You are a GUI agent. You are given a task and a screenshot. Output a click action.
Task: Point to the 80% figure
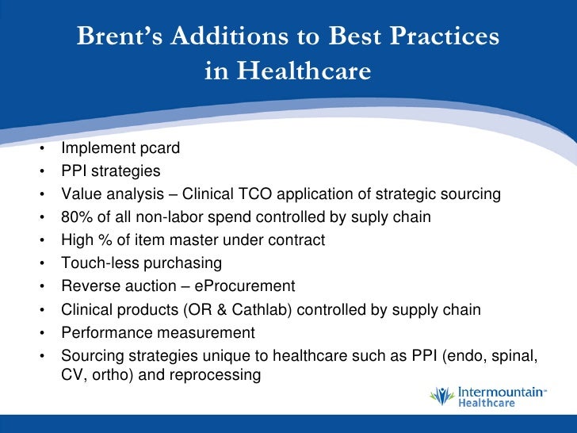coord(76,217)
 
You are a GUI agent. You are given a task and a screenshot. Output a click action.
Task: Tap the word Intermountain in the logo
coord(496,391)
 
